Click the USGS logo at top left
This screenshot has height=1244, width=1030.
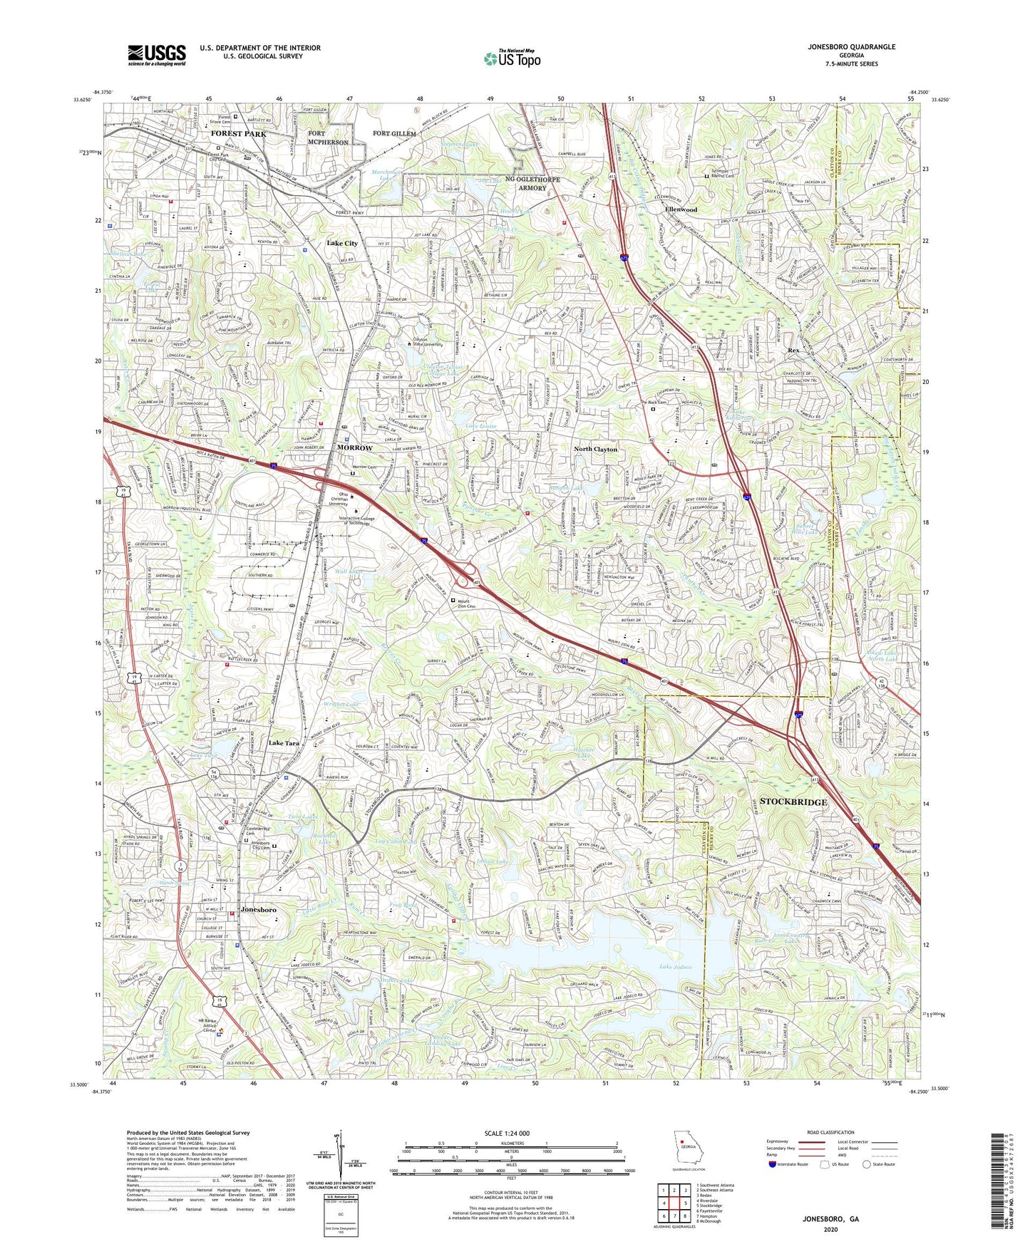[x=157, y=54]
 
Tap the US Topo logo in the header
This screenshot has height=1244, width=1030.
[x=511, y=58]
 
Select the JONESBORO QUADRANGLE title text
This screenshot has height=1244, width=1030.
[x=841, y=47]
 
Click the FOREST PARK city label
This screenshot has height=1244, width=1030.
[x=238, y=134]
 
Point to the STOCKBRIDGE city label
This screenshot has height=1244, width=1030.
[x=793, y=802]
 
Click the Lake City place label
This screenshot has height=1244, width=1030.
[x=342, y=244]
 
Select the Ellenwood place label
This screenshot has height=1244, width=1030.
[x=681, y=210]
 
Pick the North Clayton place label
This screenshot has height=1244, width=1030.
[x=596, y=450]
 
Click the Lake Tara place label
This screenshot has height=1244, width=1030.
[x=284, y=743]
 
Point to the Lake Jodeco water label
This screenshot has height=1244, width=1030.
[x=676, y=967]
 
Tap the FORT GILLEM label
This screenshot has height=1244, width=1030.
[x=394, y=134]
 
